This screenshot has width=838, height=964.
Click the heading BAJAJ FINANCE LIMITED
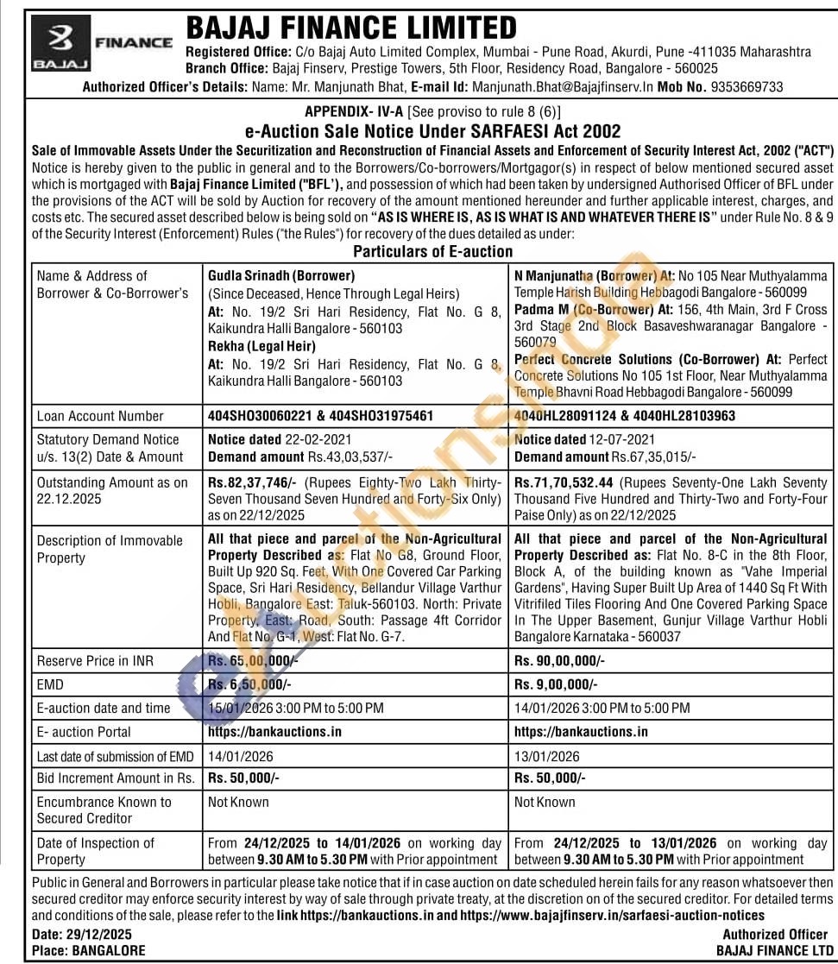point(352,28)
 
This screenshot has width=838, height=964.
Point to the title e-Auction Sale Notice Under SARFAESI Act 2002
point(432,131)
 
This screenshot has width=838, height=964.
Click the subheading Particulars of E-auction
point(432,251)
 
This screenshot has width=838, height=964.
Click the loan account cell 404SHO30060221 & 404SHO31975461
point(320,416)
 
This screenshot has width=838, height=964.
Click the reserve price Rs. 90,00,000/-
point(559,660)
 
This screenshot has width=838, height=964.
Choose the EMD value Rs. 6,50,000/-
point(249,684)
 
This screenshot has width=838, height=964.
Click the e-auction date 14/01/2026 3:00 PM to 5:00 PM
point(602,708)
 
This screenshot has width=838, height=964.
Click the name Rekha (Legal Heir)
point(249,345)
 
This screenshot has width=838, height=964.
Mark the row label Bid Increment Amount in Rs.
point(115,778)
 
